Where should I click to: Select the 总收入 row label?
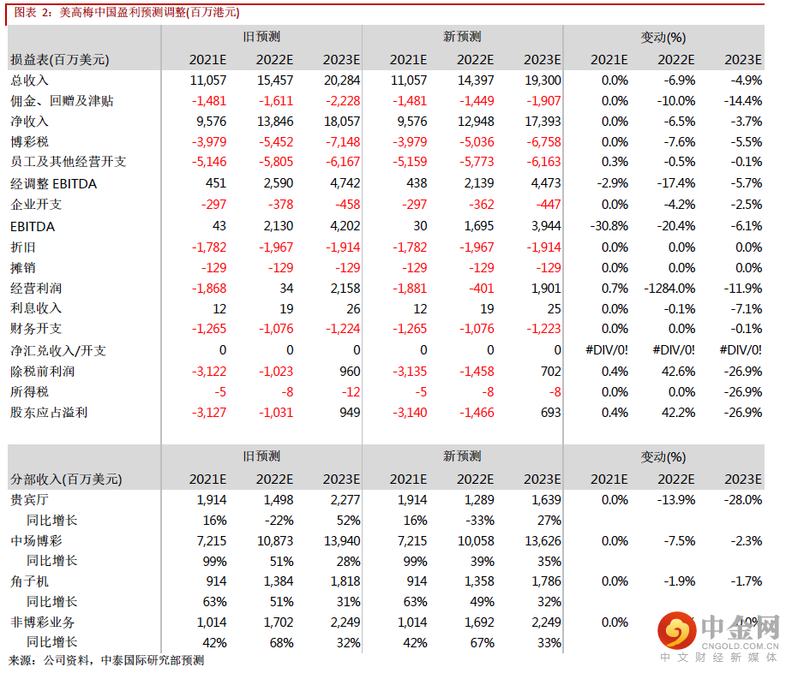pos(29,80)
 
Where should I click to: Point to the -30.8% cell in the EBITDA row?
pos(609,226)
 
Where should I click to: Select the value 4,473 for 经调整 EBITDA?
pos(543,183)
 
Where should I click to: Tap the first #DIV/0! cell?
pos(609,350)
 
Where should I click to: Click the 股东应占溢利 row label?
pos(48,412)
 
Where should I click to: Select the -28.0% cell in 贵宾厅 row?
pos(742,500)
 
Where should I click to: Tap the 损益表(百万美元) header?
pos(59,60)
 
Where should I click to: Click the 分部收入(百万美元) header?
pos(65,479)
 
